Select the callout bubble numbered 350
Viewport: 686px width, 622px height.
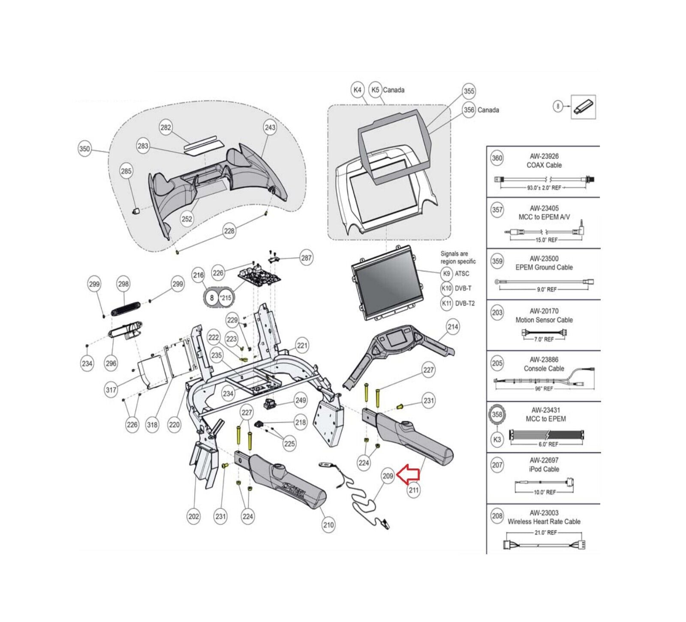(85, 149)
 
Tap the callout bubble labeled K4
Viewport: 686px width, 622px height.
(357, 90)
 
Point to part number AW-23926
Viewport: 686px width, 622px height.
(544, 156)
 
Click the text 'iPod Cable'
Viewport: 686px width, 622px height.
(544, 469)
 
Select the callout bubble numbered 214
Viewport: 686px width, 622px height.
(453, 327)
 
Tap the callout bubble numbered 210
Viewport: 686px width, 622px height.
(328, 525)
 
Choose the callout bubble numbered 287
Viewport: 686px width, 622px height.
(306, 258)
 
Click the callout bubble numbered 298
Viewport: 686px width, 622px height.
(123, 284)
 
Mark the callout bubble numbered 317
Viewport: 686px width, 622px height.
(111, 390)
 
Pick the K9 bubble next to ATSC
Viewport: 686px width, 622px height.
(446, 273)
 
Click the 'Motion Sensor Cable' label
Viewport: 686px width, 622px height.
(544, 320)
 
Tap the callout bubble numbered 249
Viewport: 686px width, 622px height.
(301, 400)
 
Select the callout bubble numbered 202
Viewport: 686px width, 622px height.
(194, 516)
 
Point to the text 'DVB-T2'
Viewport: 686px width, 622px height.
(465, 303)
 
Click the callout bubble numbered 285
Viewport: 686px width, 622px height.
(126, 171)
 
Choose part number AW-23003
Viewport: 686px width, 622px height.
(544, 513)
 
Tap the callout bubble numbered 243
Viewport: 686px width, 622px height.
(270, 127)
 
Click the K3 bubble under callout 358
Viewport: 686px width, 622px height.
(497, 439)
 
